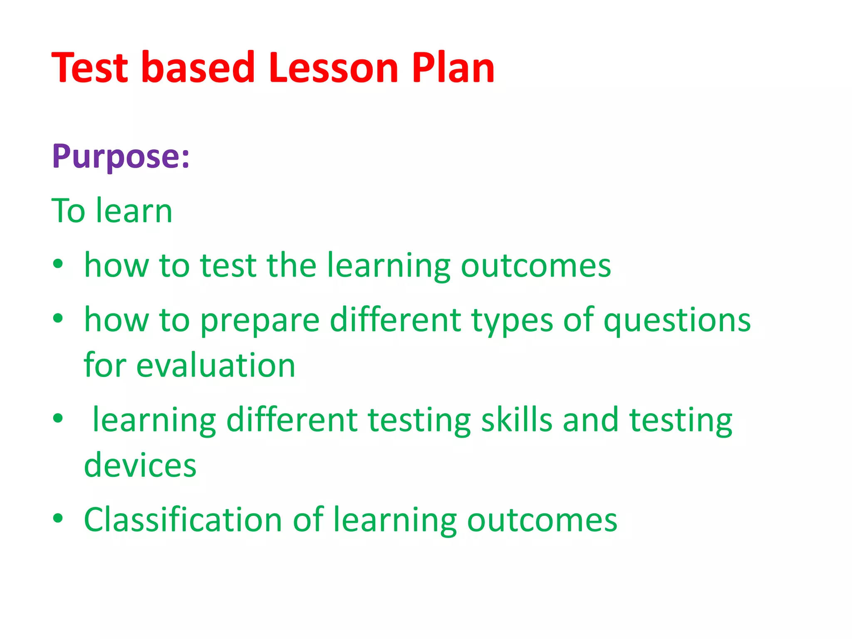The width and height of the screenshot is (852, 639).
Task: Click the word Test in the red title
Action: click(90, 67)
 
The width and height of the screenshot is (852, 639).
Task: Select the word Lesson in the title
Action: click(334, 67)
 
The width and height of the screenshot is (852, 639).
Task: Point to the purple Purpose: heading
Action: click(121, 156)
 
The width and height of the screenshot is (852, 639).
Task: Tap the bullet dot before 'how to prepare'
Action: click(58, 318)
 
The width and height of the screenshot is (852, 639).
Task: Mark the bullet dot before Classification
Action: click(58, 518)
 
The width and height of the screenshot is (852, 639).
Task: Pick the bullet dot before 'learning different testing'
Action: click(58, 418)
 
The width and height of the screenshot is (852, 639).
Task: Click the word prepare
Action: click(260, 321)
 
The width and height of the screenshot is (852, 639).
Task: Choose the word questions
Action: click(677, 321)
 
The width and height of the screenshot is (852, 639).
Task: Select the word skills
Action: click(517, 420)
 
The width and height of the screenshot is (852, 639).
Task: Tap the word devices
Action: click(140, 465)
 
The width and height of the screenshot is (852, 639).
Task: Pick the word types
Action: click(512, 321)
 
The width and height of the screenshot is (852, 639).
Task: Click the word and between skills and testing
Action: click(591, 420)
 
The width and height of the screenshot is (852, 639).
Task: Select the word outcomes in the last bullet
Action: click(542, 520)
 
